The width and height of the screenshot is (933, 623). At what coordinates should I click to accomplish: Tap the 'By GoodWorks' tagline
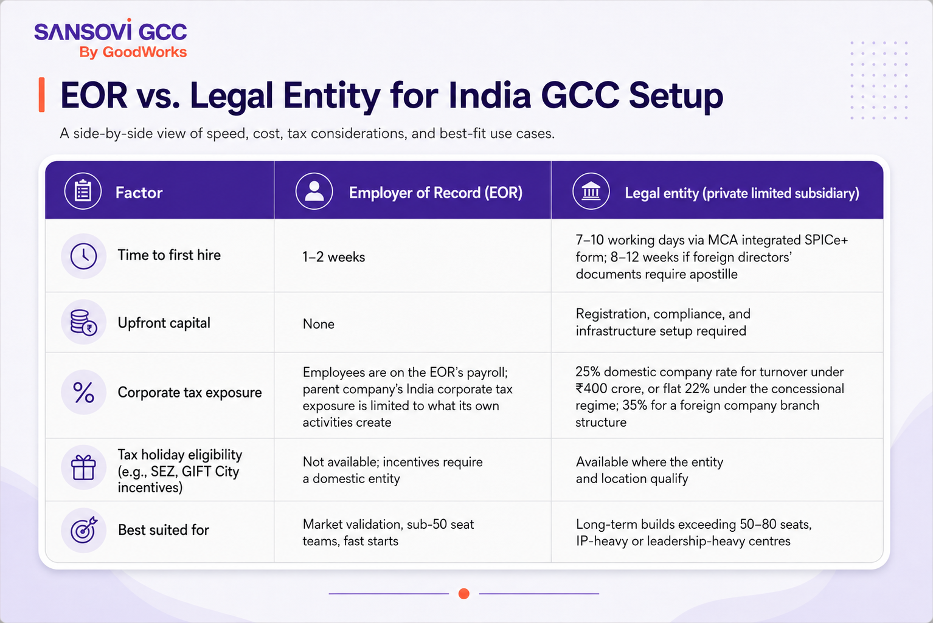click(133, 52)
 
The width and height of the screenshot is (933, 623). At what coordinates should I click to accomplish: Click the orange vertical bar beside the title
click(41, 94)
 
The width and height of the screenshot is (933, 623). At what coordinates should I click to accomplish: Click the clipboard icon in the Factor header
click(83, 191)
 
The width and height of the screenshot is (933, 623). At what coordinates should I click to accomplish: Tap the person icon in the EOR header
click(314, 191)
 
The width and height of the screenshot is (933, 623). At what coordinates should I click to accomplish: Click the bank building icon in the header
click(591, 191)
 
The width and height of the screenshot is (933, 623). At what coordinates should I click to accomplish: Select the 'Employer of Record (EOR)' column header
click(435, 193)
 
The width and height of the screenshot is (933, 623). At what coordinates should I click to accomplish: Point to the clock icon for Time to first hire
click(84, 256)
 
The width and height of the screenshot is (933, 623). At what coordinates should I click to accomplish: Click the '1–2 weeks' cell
click(334, 256)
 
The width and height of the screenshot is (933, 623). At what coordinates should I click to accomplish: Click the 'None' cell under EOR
click(319, 324)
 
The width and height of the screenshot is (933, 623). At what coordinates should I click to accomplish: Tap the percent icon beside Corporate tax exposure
click(84, 392)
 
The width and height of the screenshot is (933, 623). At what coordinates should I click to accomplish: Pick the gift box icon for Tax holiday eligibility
click(84, 467)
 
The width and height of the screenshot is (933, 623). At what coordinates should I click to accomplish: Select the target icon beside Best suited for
click(84, 530)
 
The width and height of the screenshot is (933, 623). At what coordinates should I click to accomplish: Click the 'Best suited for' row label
click(163, 530)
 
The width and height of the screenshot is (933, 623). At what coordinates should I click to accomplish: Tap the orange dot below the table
click(464, 593)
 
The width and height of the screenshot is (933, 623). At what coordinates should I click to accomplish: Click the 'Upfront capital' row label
click(164, 323)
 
